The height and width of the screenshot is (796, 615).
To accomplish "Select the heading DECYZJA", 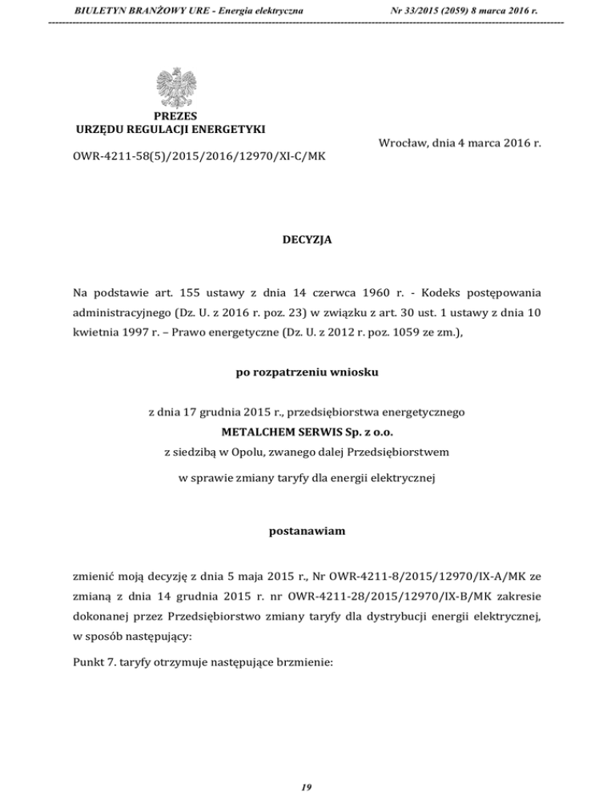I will coord(307,239).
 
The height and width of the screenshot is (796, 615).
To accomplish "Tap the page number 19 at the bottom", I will coord(307,787).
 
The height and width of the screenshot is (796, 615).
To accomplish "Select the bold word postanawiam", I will coord(307,530).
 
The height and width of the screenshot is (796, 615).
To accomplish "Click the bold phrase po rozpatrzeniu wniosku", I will coord(307,372).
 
